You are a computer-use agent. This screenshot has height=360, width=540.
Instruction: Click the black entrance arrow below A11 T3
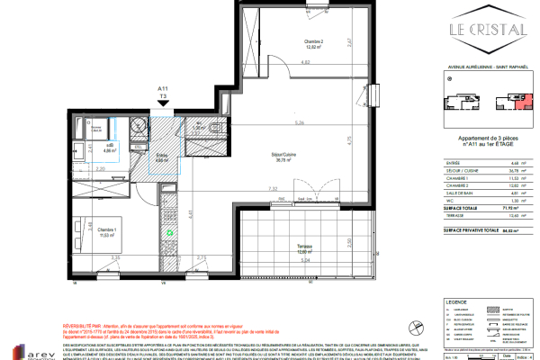[163, 104]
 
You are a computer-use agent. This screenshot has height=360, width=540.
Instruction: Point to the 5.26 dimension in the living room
[284, 122]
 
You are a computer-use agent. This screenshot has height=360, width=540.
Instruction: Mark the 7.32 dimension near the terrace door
[271, 189]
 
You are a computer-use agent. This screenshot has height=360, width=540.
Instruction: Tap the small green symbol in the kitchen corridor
[169, 232]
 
